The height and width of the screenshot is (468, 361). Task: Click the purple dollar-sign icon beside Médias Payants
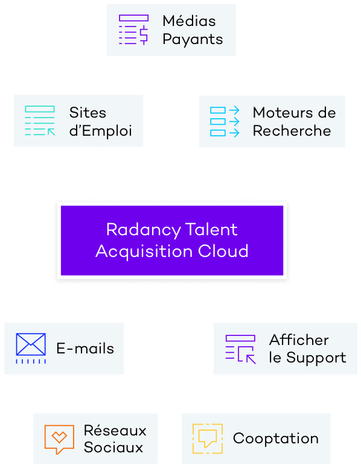[133, 30]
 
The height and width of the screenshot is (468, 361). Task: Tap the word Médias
[189, 21]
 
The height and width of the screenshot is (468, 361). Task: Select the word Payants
[193, 40]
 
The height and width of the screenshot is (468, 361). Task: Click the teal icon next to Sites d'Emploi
[40, 121]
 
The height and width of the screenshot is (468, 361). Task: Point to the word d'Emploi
[101, 131]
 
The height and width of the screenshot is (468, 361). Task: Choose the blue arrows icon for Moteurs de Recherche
[225, 121]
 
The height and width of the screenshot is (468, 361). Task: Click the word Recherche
[292, 131]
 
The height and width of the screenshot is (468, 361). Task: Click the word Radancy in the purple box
[144, 230]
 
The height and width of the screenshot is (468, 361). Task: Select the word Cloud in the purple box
[223, 251]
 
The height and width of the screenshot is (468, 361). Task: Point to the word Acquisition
[144, 251]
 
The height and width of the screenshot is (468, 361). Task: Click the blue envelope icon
[31, 349]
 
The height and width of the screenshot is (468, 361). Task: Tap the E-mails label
[85, 349]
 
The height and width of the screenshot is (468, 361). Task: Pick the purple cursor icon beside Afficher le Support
[241, 349]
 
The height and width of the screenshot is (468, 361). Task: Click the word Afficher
[299, 340]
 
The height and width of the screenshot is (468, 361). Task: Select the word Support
[316, 358]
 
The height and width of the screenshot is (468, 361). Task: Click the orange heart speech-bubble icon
[59, 439]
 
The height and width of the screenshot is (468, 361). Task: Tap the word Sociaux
[113, 447]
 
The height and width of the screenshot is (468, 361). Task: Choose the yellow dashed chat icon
[208, 439]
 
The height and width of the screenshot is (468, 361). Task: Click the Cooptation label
[276, 439]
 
